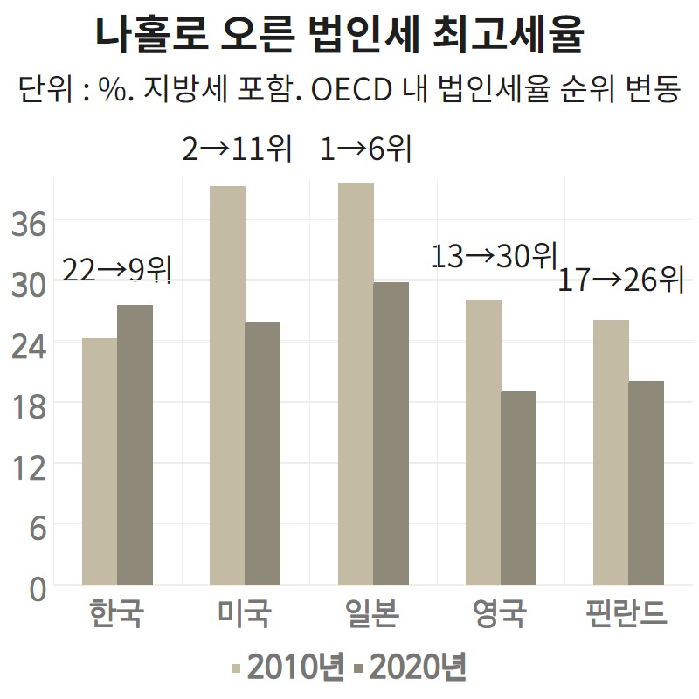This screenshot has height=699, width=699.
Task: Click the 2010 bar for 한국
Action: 100,461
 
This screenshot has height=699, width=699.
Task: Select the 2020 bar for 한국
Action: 135,445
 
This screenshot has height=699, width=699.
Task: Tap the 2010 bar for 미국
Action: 227,385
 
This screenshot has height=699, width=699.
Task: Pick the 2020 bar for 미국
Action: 263,453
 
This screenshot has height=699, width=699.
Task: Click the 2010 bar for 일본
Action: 356,384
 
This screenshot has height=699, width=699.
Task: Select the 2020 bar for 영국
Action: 518,488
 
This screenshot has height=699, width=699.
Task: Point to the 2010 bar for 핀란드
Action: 611,453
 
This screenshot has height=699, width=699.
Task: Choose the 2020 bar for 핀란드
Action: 647,483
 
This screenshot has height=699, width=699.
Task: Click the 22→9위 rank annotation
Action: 117,270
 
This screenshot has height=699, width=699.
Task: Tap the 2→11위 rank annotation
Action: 237,149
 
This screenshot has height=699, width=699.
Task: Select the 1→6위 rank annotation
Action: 365,148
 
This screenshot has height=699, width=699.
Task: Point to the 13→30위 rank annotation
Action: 495,255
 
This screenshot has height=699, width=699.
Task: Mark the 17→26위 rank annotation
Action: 620,279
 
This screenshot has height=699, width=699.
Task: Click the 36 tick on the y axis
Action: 29,224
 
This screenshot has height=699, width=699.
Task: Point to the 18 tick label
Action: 29,406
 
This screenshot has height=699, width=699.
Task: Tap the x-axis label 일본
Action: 372,613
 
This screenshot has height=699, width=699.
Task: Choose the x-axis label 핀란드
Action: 626,613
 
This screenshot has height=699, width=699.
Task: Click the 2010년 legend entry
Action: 287,667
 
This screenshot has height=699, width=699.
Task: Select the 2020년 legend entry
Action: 410,667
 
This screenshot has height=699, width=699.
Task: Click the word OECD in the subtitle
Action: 352,90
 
